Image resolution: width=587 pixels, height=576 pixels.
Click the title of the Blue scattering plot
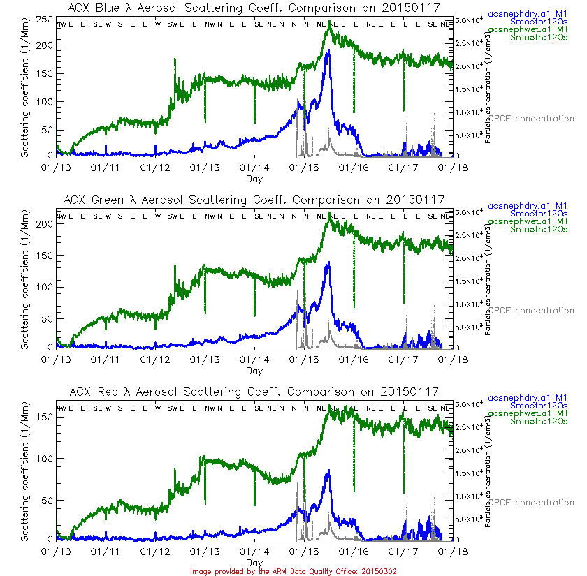(x=254, y=8)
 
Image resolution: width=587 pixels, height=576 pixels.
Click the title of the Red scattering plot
(x=254, y=392)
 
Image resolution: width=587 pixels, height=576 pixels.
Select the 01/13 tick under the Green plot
(x=205, y=360)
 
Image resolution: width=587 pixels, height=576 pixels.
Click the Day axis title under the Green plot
(x=254, y=371)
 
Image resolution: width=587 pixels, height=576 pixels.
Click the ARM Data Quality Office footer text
(x=293, y=570)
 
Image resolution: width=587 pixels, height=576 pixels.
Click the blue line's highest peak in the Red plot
(x=328, y=471)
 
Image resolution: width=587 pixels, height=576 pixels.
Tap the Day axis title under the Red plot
(x=254, y=562)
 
